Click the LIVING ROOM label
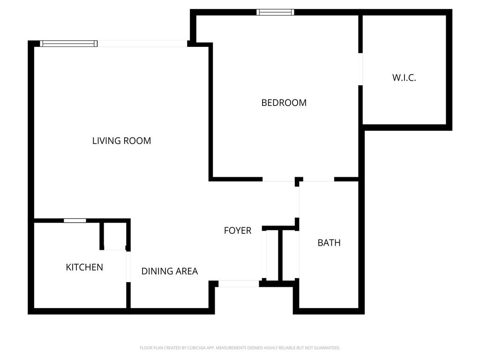(121, 141)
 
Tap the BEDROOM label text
(284, 103)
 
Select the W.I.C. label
(404, 78)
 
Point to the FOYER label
(237, 231)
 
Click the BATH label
(329, 243)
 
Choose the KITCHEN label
(84, 267)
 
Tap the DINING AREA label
(169, 271)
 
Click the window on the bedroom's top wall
(276, 12)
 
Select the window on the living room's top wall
(68, 44)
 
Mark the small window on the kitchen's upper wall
(75, 220)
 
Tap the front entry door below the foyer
(239, 284)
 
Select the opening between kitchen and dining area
(127, 266)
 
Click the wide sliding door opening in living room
(142, 44)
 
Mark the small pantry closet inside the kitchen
(114, 236)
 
